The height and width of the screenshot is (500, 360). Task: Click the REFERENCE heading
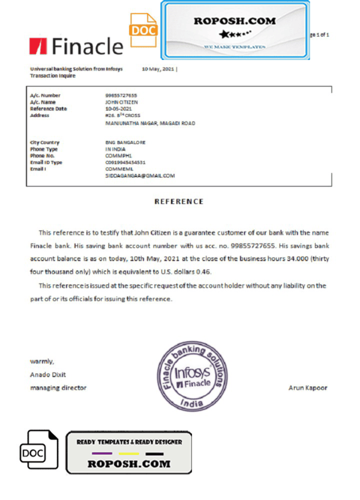(x=179, y=202)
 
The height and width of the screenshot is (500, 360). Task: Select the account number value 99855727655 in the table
(x=121, y=95)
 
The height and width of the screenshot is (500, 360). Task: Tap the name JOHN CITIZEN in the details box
(x=121, y=102)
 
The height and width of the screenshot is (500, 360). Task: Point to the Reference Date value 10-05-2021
(x=118, y=109)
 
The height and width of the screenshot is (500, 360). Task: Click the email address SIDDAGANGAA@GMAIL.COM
(x=140, y=176)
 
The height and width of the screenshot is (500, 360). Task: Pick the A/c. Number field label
(x=45, y=95)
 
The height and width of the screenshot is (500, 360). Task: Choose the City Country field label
(x=45, y=142)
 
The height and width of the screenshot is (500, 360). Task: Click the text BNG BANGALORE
(x=125, y=142)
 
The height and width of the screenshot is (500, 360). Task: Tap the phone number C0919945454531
(x=125, y=162)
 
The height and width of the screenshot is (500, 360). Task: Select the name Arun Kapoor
(x=308, y=388)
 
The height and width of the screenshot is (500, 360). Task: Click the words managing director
(x=58, y=388)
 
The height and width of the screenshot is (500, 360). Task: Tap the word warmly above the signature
(x=42, y=361)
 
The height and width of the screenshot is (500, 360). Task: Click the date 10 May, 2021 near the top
(x=158, y=69)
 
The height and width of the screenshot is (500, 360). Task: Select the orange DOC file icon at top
(x=143, y=30)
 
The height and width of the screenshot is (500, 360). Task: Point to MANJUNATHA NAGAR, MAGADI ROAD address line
(x=150, y=123)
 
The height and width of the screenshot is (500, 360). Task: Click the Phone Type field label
(x=44, y=149)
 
